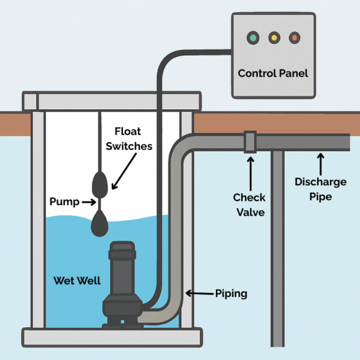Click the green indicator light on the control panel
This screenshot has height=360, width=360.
[x=253, y=38]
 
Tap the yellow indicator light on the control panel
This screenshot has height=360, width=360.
[x=274, y=38]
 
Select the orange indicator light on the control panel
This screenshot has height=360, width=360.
[x=294, y=38]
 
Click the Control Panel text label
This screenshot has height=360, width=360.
[x=273, y=73]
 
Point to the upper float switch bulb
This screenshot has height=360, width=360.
[x=100, y=184]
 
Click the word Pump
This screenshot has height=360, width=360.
[x=64, y=202]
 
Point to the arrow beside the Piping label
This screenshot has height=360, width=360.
[x=196, y=293]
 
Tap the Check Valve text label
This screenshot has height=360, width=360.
[x=250, y=204]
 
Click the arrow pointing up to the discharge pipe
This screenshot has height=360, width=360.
[x=320, y=162]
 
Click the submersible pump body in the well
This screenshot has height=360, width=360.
[x=123, y=282]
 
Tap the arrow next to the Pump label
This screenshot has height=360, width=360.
[x=89, y=202]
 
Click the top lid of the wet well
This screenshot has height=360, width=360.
[x=111, y=101]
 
